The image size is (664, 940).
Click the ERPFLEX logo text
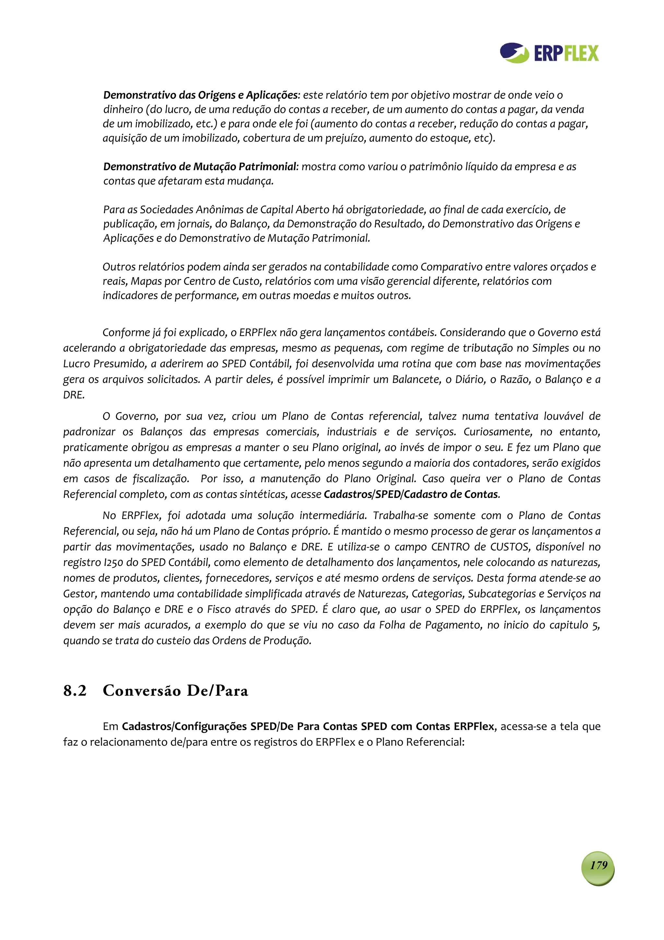click(x=566, y=54)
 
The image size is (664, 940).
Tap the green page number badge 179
click(x=598, y=865)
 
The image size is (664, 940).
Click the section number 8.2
click(x=75, y=691)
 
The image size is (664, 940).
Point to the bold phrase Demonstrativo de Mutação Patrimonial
click(x=200, y=167)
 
